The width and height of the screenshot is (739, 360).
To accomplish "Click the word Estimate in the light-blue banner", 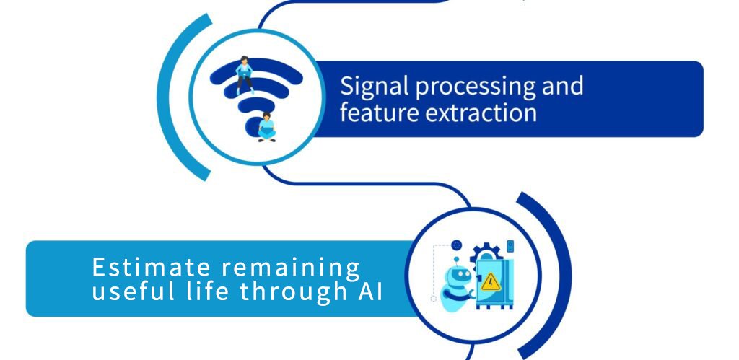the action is (x=151, y=267).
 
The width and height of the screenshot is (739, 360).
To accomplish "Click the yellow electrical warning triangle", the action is (x=491, y=282).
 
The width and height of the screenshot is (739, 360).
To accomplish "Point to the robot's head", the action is (x=456, y=277).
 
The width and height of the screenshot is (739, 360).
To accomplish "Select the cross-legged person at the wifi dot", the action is (x=267, y=127).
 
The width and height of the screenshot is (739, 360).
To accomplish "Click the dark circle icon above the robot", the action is (x=456, y=245).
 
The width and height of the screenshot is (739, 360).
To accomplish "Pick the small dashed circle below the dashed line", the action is (x=434, y=298).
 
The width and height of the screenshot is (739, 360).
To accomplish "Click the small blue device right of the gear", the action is (x=510, y=246).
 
